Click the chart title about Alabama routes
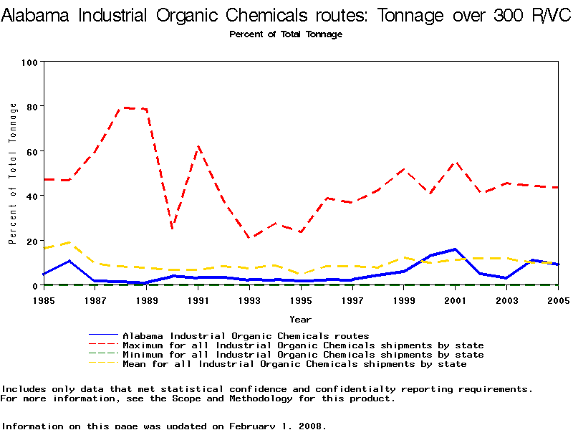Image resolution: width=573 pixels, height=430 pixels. (x=286, y=16)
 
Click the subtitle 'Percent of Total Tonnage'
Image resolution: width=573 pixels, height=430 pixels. (x=286, y=34)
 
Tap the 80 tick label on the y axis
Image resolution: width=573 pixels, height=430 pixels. (x=31, y=107)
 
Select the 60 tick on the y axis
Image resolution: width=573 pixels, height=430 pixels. (x=31, y=151)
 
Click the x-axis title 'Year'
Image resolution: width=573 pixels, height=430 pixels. (x=301, y=319)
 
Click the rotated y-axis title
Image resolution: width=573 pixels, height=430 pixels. (x=13, y=173)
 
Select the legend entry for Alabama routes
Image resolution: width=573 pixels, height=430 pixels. (x=246, y=335)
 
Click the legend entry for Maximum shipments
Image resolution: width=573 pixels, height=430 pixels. (x=303, y=345)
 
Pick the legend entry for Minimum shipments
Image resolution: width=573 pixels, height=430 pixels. (x=303, y=355)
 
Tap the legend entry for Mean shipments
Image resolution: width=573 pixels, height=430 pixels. (x=294, y=364)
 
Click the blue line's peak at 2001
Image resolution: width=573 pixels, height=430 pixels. (x=456, y=249)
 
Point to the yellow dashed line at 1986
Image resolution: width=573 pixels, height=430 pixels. (x=69, y=242)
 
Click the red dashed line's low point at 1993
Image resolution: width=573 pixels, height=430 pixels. (x=249, y=237)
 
